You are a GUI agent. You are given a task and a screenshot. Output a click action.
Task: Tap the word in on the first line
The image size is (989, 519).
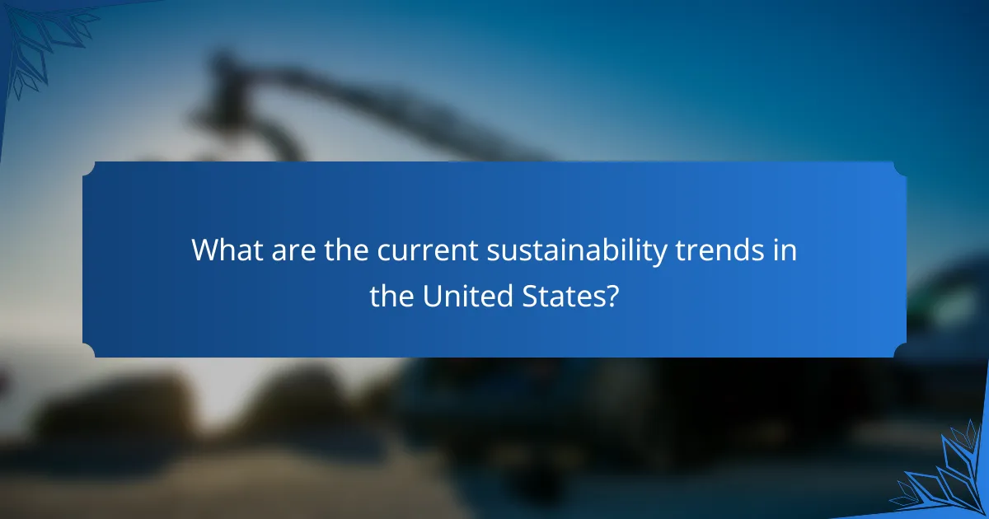(x=785, y=250)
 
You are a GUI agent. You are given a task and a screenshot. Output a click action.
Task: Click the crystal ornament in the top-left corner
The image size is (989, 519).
(x=41, y=33)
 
